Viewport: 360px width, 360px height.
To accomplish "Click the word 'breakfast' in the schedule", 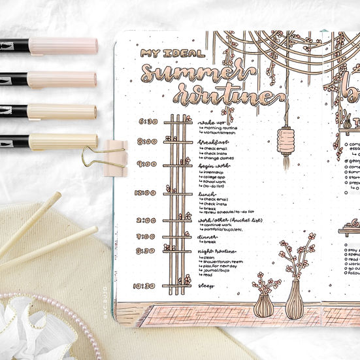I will [x=212, y=142].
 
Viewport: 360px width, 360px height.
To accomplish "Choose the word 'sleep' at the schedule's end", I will [x=206, y=286].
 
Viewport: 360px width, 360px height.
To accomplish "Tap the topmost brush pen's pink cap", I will [x=63, y=46].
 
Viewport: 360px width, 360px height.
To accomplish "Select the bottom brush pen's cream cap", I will [x=63, y=142].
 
